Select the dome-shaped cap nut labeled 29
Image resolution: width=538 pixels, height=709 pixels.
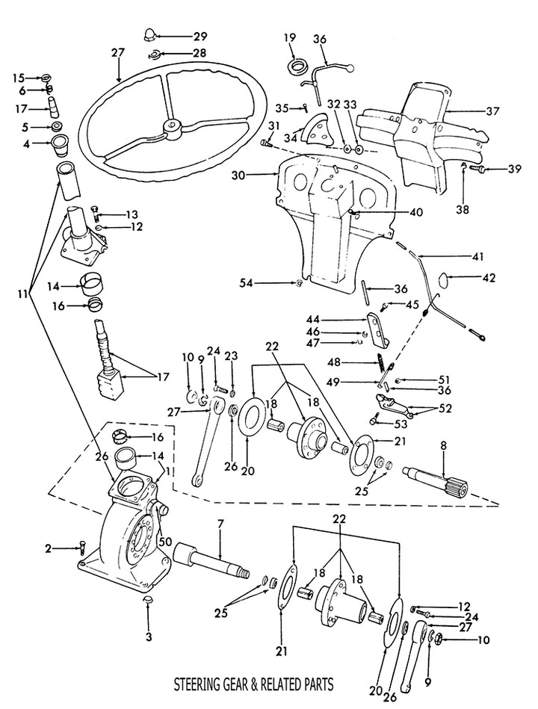[149, 34]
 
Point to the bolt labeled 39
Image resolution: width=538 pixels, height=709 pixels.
[483, 170]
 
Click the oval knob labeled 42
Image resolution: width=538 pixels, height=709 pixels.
[443, 280]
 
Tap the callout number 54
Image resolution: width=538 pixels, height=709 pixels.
[247, 282]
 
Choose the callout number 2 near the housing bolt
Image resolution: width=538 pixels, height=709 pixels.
[48, 549]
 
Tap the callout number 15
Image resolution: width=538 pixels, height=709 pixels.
[19, 77]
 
